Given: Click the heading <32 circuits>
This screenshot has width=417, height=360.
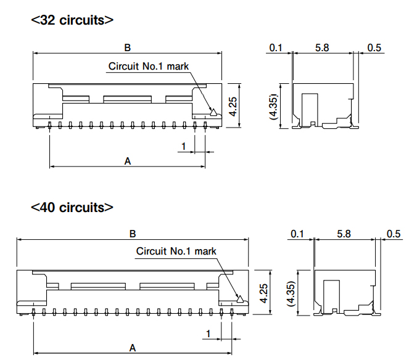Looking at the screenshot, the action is coord(72,20).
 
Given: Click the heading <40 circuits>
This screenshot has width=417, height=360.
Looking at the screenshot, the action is coord(72,207).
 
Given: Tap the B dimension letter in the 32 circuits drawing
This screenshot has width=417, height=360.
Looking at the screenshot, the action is coord(128,48).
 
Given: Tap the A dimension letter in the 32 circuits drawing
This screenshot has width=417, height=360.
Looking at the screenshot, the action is coord(128,161).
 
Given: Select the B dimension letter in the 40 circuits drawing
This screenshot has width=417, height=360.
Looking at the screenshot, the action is coord(133,234).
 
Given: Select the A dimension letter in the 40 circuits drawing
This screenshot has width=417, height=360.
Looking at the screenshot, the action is coord(133,348).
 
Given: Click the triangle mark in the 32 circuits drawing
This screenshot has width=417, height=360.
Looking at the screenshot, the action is coord(213,112).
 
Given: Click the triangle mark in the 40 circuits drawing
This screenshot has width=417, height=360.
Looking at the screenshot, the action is coord(240,299).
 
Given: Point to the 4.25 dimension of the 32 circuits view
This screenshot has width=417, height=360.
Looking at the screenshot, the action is coord(233,107).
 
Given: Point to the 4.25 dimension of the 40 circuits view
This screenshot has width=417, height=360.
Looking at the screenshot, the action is coord(263,293).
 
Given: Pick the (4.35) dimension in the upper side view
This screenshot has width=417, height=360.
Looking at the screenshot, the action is coord(274,107).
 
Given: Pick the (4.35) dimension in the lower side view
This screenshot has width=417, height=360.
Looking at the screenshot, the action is coord(292,293).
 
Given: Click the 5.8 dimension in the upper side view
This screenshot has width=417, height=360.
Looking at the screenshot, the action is coord(322,48).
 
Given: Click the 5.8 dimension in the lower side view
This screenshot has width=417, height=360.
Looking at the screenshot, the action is coord(344,234).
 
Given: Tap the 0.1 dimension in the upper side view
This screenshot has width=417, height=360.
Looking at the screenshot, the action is coord(276,48).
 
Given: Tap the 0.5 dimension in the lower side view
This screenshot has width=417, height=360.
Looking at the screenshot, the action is coord(394,234).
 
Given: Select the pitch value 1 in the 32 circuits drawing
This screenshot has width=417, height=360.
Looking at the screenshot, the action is coord(183,146).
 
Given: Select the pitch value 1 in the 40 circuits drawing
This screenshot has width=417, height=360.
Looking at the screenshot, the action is coord(208,333).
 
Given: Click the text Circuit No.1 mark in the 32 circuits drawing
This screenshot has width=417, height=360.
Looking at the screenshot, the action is coord(149,66).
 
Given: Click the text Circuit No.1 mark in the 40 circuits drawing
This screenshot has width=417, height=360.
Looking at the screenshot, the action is coord(176,251).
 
